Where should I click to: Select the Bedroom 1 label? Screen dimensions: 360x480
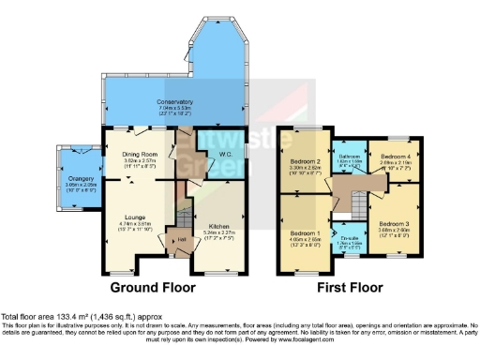click(304, 232)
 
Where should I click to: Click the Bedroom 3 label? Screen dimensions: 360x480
click(392, 224)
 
